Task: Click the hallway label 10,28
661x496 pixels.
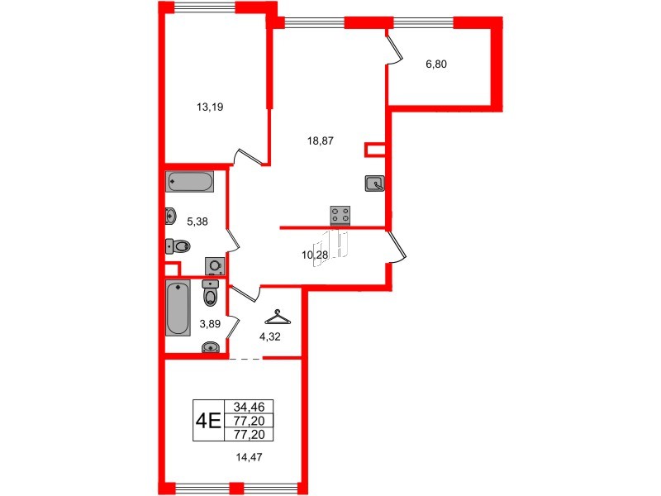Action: (316, 255)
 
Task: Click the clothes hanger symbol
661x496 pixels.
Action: (277, 317)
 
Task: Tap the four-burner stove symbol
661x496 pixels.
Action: (340, 215)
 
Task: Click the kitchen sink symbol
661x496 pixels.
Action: (374, 184)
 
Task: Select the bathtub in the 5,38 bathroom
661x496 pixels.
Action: (190, 181)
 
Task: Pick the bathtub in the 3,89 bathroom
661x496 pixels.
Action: (178, 308)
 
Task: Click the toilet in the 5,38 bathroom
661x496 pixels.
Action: (178, 246)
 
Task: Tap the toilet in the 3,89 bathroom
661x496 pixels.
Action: (212, 294)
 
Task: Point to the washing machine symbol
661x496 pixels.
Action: (216, 265)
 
